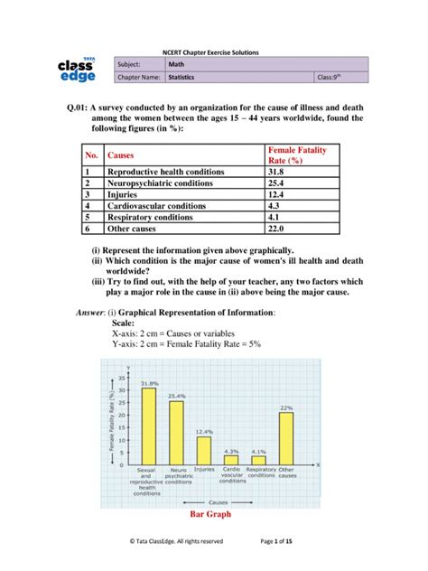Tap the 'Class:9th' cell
pyautogui.click(x=342, y=80)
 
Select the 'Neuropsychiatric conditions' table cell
pyautogui.click(x=163, y=182)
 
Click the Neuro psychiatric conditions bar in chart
pyautogui.click(x=176, y=434)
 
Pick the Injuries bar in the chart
pyautogui.click(x=204, y=451)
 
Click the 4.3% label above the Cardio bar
pyautogui.click(x=231, y=451)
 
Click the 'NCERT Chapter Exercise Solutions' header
pyautogui.click(x=213, y=52)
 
